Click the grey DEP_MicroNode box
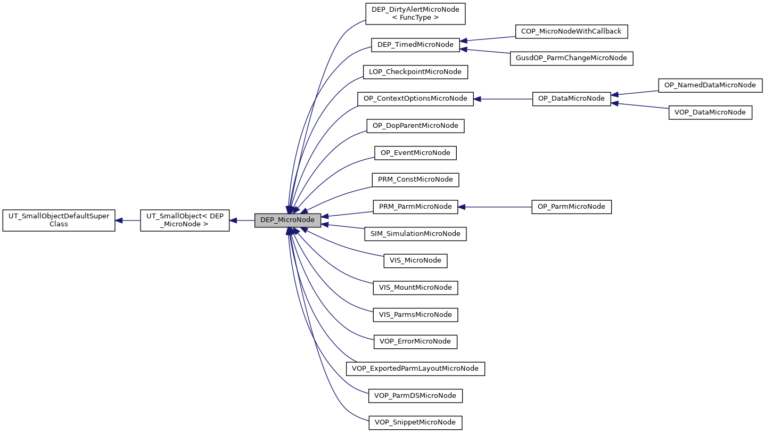tap(287, 220)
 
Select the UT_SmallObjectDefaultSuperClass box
tap(59, 220)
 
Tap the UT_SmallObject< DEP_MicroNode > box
tap(185, 220)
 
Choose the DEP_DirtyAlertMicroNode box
tap(415, 13)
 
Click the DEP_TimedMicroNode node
tap(415, 45)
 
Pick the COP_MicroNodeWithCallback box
tap(571, 31)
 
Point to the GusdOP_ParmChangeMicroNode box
tap(571, 58)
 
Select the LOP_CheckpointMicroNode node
tap(415, 71)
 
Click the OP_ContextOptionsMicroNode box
tap(415, 99)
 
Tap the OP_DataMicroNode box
tap(571, 99)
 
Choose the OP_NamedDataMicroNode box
tap(710, 85)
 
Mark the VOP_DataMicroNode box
tap(710, 112)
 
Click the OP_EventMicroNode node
tap(415, 153)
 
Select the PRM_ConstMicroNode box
tap(415, 179)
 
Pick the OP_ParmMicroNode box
tap(571, 207)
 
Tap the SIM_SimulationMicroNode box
tap(415, 234)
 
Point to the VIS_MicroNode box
tap(415, 260)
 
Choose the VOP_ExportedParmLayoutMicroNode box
tap(415, 369)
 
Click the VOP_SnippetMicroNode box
tap(415, 422)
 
